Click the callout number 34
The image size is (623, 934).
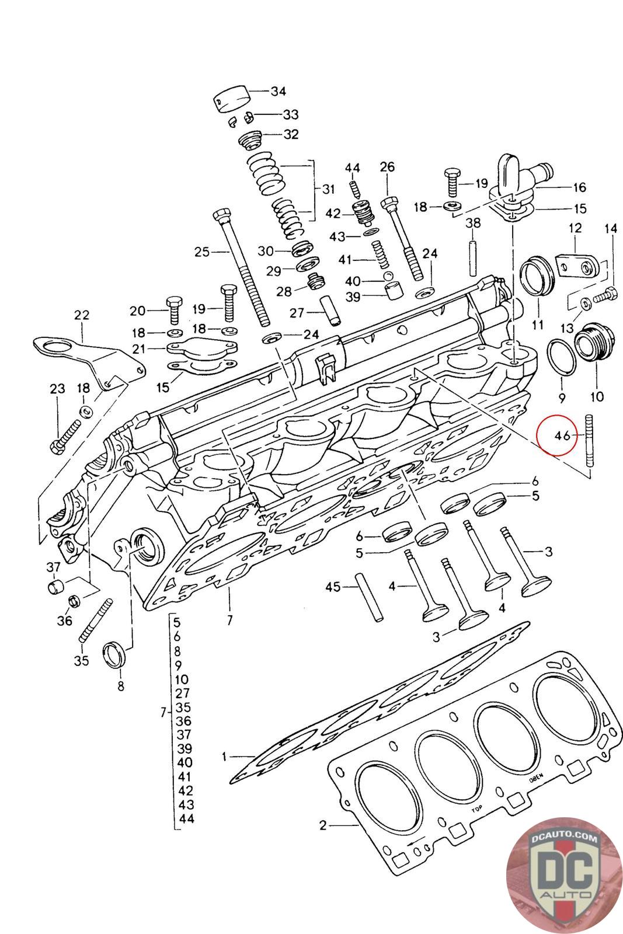[278, 91]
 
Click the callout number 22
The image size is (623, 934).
[82, 315]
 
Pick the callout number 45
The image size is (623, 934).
[333, 587]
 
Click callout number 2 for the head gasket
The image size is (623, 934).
[323, 825]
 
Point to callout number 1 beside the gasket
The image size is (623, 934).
[225, 757]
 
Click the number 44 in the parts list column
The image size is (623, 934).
[187, 818]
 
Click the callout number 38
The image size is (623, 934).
[473, 222]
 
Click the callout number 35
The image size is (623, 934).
[82, 661]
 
